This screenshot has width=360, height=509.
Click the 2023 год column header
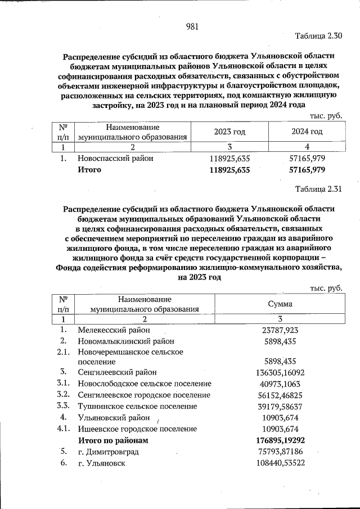229,132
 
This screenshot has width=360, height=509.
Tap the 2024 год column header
307,132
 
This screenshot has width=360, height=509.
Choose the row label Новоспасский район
115,159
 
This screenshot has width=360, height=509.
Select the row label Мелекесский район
114,330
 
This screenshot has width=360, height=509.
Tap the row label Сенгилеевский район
117,372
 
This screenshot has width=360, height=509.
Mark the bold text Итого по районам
114,440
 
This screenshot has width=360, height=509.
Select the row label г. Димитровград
108,452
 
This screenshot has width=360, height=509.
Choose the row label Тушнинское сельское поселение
137,406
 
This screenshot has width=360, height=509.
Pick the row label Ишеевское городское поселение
137,429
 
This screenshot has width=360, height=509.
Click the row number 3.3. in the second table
63,406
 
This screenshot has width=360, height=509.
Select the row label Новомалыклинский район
126,341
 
